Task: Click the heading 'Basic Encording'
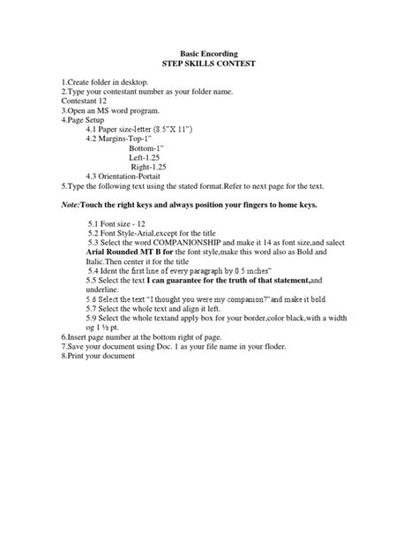point(209,54)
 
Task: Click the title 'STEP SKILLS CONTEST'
point(209,66)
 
